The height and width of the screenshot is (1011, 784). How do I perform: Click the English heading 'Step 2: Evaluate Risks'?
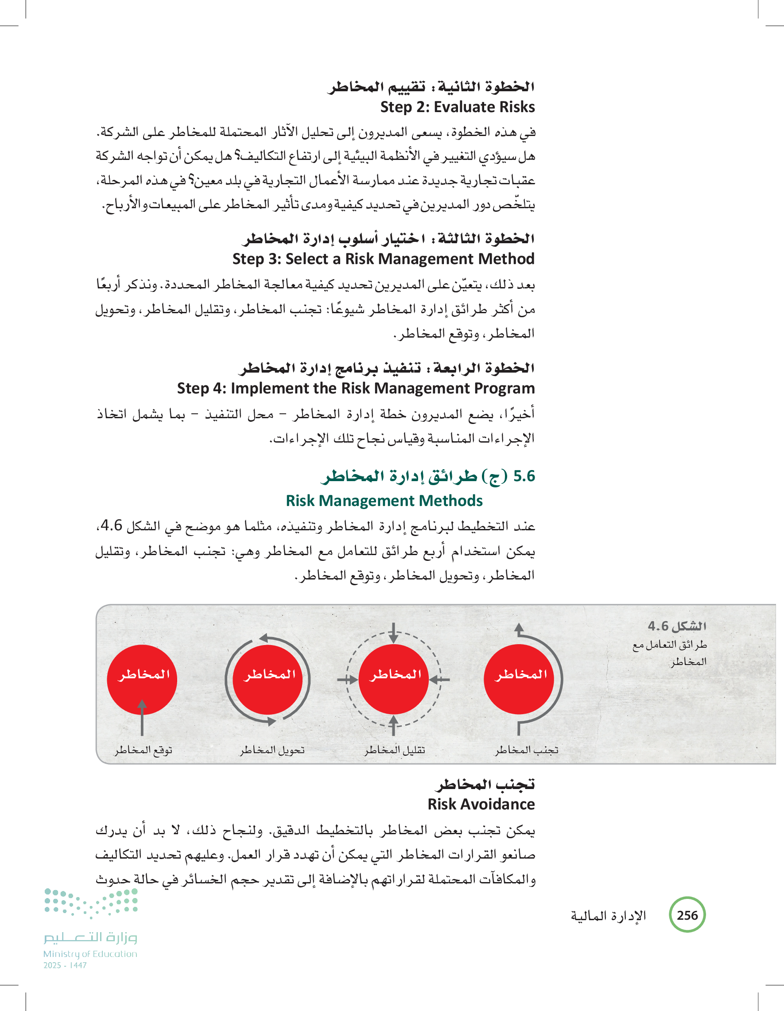click(457, 107)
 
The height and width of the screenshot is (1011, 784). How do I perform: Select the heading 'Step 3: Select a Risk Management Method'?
click(383, 259)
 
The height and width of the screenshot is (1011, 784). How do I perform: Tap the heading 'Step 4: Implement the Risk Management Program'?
click(355, 388)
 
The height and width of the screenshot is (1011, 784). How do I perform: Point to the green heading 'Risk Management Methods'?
click(384, 501)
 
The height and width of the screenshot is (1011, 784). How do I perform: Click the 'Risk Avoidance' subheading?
click(481, 804)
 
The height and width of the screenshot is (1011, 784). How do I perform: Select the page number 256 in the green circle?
click(687, 915)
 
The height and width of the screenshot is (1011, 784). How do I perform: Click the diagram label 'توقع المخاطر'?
click(144, 750)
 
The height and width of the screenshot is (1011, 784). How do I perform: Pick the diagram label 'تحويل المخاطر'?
click(272, 750)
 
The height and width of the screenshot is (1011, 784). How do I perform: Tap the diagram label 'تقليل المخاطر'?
click(394, 750)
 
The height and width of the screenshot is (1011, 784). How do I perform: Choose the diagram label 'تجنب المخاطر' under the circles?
click(527, 750)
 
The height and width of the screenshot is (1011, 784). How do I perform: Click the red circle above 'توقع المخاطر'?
click(142, 679)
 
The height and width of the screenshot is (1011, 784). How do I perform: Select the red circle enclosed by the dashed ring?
click(393, 679)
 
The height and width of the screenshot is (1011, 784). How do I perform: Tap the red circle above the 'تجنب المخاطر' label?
click(519, 679)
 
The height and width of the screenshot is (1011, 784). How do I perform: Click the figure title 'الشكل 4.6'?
click(677, 626)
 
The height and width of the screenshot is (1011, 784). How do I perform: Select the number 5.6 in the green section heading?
click(524, 476)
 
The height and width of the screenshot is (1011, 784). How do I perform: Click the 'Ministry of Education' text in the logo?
click(90, 954)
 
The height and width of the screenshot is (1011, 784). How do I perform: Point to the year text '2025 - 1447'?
click(65, 965)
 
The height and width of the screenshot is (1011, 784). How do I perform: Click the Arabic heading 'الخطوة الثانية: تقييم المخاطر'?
click(431, 86)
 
